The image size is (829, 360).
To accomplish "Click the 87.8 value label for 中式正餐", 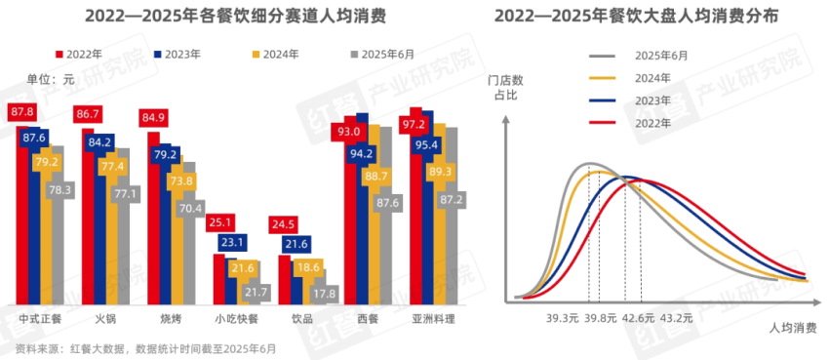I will coord(21,112).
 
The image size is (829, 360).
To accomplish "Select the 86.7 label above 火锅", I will coord(88,114).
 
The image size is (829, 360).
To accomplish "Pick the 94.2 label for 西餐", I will coord(363,153).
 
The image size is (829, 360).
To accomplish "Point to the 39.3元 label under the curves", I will coord(565,317).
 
